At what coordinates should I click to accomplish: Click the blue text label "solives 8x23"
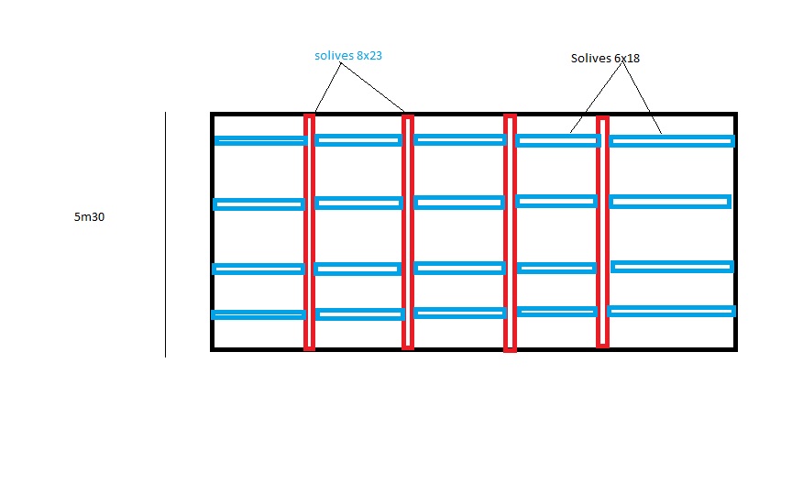point(347,56)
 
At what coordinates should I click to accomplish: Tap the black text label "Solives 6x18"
point(605,58)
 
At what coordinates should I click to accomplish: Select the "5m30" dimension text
point(90,217)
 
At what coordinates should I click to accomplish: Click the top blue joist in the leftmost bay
point(260,140)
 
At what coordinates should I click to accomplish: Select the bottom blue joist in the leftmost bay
point(258,314)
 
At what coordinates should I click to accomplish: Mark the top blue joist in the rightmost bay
point(672,141)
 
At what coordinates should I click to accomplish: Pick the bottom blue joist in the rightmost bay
point(671,311)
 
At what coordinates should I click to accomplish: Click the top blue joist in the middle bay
point(459,139)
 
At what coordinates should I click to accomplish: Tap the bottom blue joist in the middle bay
point(459,313)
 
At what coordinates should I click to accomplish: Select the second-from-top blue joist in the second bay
point(358,203)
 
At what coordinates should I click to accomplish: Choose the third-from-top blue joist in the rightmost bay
point(672,267)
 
